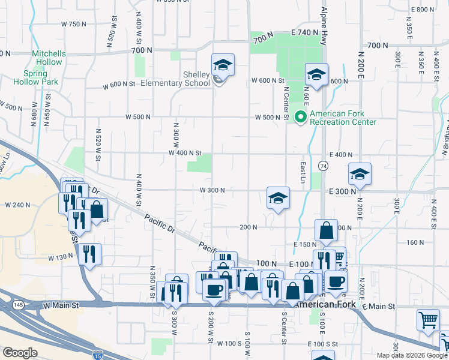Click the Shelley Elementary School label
pos(175,79)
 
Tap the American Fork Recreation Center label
pos(343,118)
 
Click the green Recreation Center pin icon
pos(302,118)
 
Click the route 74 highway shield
pos(323,166)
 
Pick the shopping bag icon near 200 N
pos(325,231)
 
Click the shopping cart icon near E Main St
pos(428,320)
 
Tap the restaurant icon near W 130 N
pos(90,254)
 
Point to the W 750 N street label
pos(74,24)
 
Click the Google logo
pos(20,353)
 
